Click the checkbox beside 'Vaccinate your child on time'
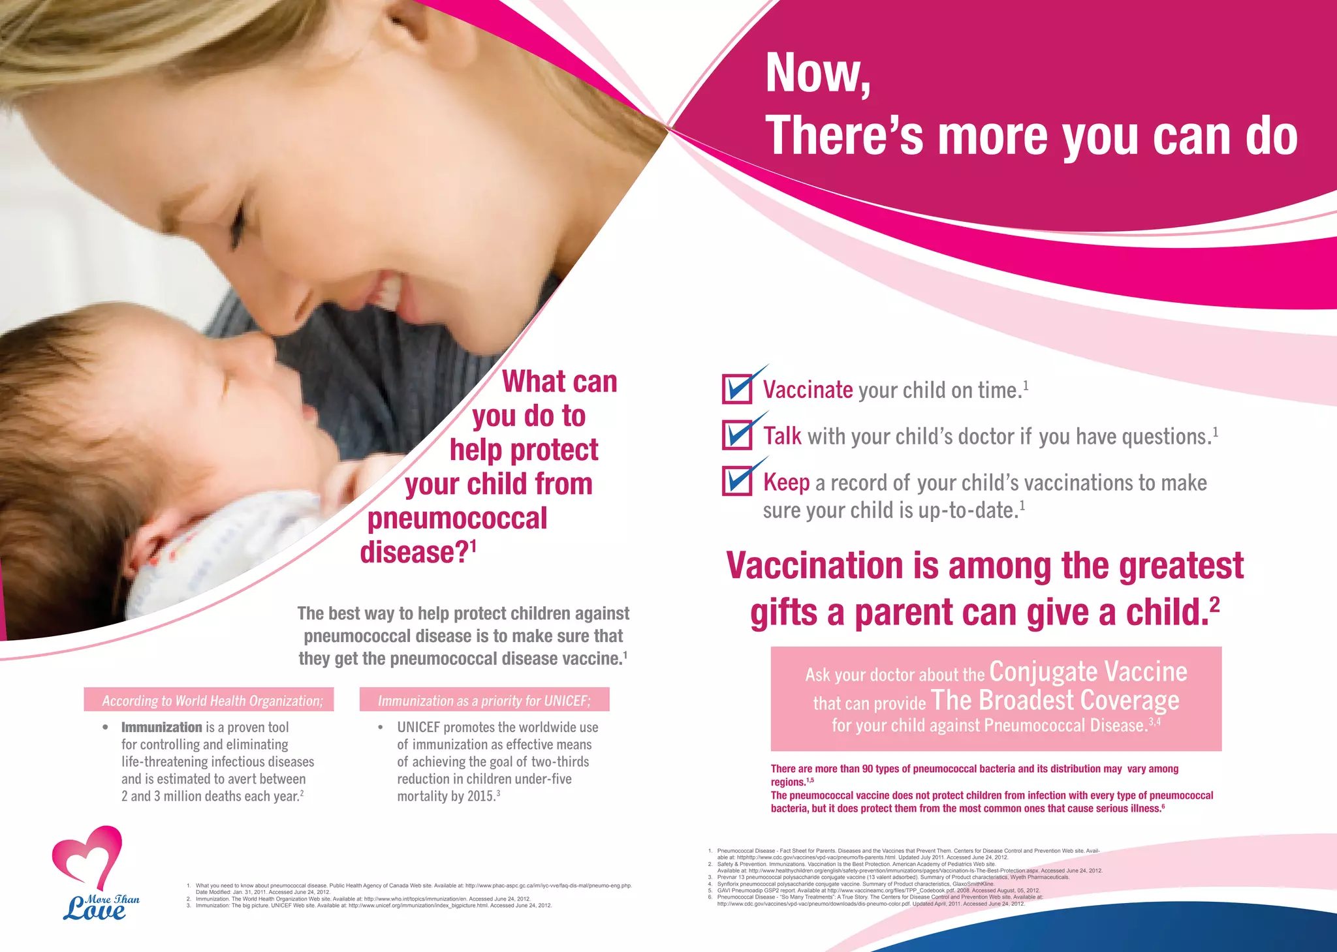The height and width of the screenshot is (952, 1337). click(x=738, y=390)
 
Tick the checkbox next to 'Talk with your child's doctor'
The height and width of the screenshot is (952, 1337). click(x=738, y=435)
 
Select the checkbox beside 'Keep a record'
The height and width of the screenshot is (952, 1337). click(x=738, y=482)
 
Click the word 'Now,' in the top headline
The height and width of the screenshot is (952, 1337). click(x=818, y=74)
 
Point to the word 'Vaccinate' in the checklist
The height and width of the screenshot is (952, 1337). click(x=808, y=390)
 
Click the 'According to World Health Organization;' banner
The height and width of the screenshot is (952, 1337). click(x=209, y=700)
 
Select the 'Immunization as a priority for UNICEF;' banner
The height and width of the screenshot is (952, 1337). click(x=484, y=700)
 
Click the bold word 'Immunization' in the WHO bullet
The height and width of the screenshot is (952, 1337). click(x=162, y=727)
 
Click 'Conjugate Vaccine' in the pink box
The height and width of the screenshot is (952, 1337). click(x=1088, y=671)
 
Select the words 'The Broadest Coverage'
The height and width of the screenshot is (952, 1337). click(x=1055, y=700)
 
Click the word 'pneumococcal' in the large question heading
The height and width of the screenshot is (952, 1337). click(x=457, y=519)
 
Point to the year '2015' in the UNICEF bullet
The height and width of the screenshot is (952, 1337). click(x=480, y=797)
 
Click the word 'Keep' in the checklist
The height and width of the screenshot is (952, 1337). click(x=786, y=483)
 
